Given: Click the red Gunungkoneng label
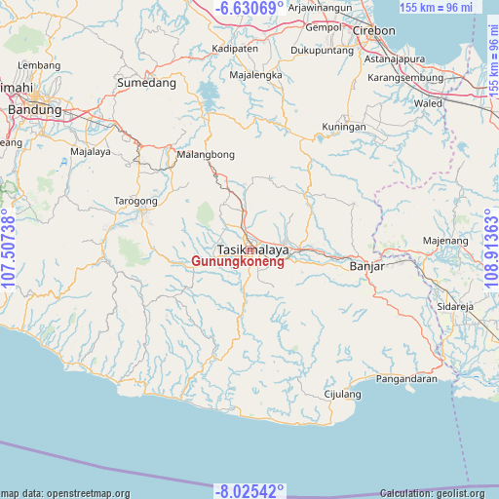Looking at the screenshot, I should coord(238,262).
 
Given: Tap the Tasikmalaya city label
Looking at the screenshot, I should coord(252,249).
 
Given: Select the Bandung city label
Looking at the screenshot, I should coord(34,110).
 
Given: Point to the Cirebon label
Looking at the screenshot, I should coord(374,30).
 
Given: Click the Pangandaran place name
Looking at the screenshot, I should coord(406,378).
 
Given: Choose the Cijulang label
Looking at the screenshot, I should coord(342,395).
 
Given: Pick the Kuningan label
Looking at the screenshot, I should coord(344,127).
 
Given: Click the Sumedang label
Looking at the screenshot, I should coord(146,84).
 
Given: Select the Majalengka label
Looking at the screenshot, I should coord(255,75).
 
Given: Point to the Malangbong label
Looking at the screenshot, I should coord(206,155).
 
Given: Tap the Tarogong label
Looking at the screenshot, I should coord(136,201).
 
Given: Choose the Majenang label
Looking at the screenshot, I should coord(445,240).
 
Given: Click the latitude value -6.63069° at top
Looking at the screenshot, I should coord(250,9).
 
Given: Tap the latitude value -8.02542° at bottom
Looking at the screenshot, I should coord(249,490).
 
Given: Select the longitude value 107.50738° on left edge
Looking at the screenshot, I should coord(10,249).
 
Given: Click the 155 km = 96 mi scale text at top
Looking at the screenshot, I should coord(436,8).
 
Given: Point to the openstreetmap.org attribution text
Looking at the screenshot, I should coord(65,493).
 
